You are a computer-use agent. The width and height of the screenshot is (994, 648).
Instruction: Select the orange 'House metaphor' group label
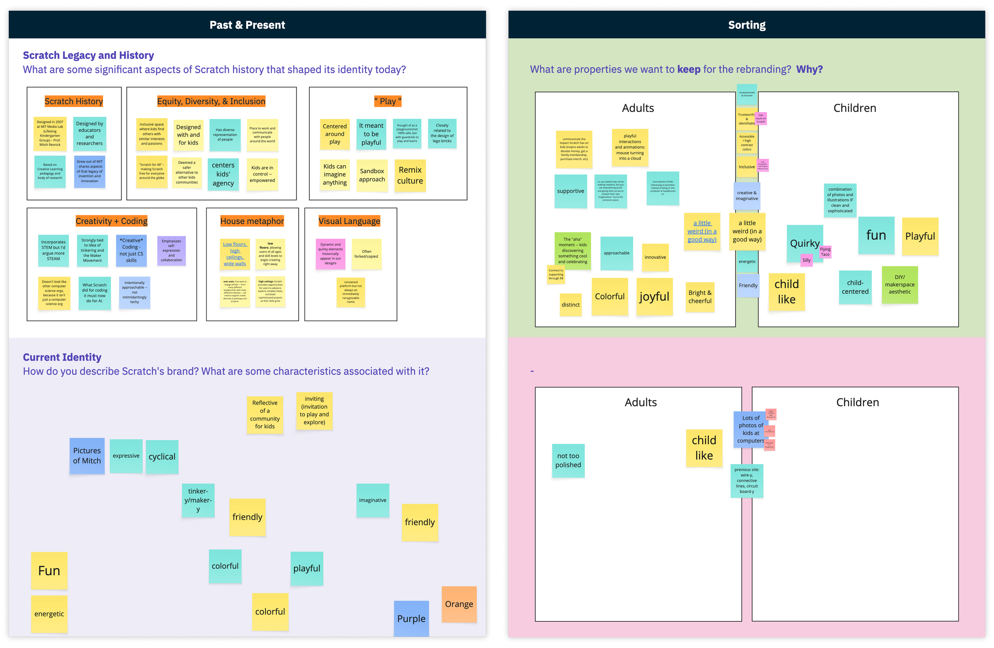click(x=252, y=221)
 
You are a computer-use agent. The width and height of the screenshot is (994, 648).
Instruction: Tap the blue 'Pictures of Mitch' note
click(x=87, y=456)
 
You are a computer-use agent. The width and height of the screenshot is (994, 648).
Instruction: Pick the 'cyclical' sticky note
click(x=162, y=457)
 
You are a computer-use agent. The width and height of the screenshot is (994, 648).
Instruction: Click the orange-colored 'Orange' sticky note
click(x=459, y=604)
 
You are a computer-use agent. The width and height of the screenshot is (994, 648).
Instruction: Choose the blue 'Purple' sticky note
click(x=411, y=619)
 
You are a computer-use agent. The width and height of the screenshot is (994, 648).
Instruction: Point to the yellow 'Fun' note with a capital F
click(x=49, y=571)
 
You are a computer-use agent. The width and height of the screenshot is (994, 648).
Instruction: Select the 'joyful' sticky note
click(x=654, y=297)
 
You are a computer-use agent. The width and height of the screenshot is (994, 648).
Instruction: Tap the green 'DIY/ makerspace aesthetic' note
click(x=900, y=285)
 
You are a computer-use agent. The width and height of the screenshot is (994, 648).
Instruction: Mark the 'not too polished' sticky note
click(x=568, y=460)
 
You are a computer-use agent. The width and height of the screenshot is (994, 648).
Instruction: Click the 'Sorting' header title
click(x=747, y=25)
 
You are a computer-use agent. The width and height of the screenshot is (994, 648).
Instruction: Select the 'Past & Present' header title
click(x=247, y=25)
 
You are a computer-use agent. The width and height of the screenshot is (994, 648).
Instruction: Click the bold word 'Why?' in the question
click(x=809, y=69)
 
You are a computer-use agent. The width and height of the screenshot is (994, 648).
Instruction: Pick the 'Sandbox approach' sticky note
click(x=372, y=176)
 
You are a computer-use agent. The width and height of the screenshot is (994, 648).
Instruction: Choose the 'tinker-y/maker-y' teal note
click(x=198, y=500)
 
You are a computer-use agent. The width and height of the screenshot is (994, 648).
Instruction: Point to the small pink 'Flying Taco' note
click(x=825, y=252)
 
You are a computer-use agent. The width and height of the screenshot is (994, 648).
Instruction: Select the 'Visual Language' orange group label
click(x=349, y=221)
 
